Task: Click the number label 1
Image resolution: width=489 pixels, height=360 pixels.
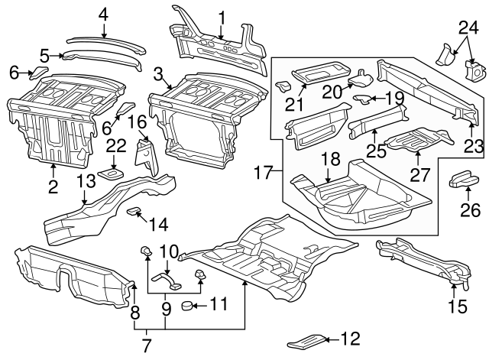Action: (x=222, y=16)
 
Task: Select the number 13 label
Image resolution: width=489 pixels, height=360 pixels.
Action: (x=86, y=180)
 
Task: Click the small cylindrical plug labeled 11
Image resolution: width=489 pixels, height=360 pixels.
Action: (x=186, y=307)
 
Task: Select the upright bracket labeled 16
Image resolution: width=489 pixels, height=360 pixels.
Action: (x=144, y=157)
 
